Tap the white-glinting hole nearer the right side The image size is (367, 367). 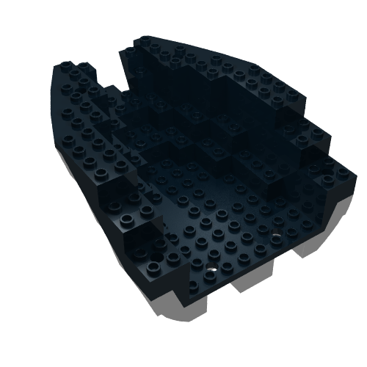tap(276, 236)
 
